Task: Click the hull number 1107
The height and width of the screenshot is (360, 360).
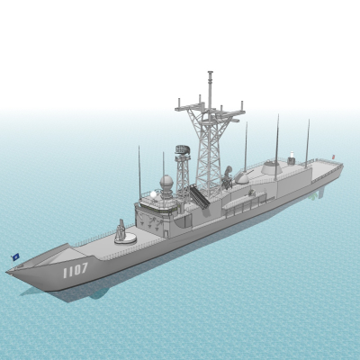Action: (x=76, y=270)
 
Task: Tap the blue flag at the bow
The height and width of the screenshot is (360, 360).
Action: (x=15, y=256)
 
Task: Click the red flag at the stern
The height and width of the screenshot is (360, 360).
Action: (x=333, y=157)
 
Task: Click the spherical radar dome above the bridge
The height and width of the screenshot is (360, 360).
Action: (x=166, y=182)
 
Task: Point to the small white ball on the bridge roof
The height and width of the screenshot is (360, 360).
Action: (x=153, y=194)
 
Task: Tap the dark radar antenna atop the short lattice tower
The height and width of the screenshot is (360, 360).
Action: (x=183, y=149)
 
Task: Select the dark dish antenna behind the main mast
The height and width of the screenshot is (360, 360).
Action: (x=228, y=174)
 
